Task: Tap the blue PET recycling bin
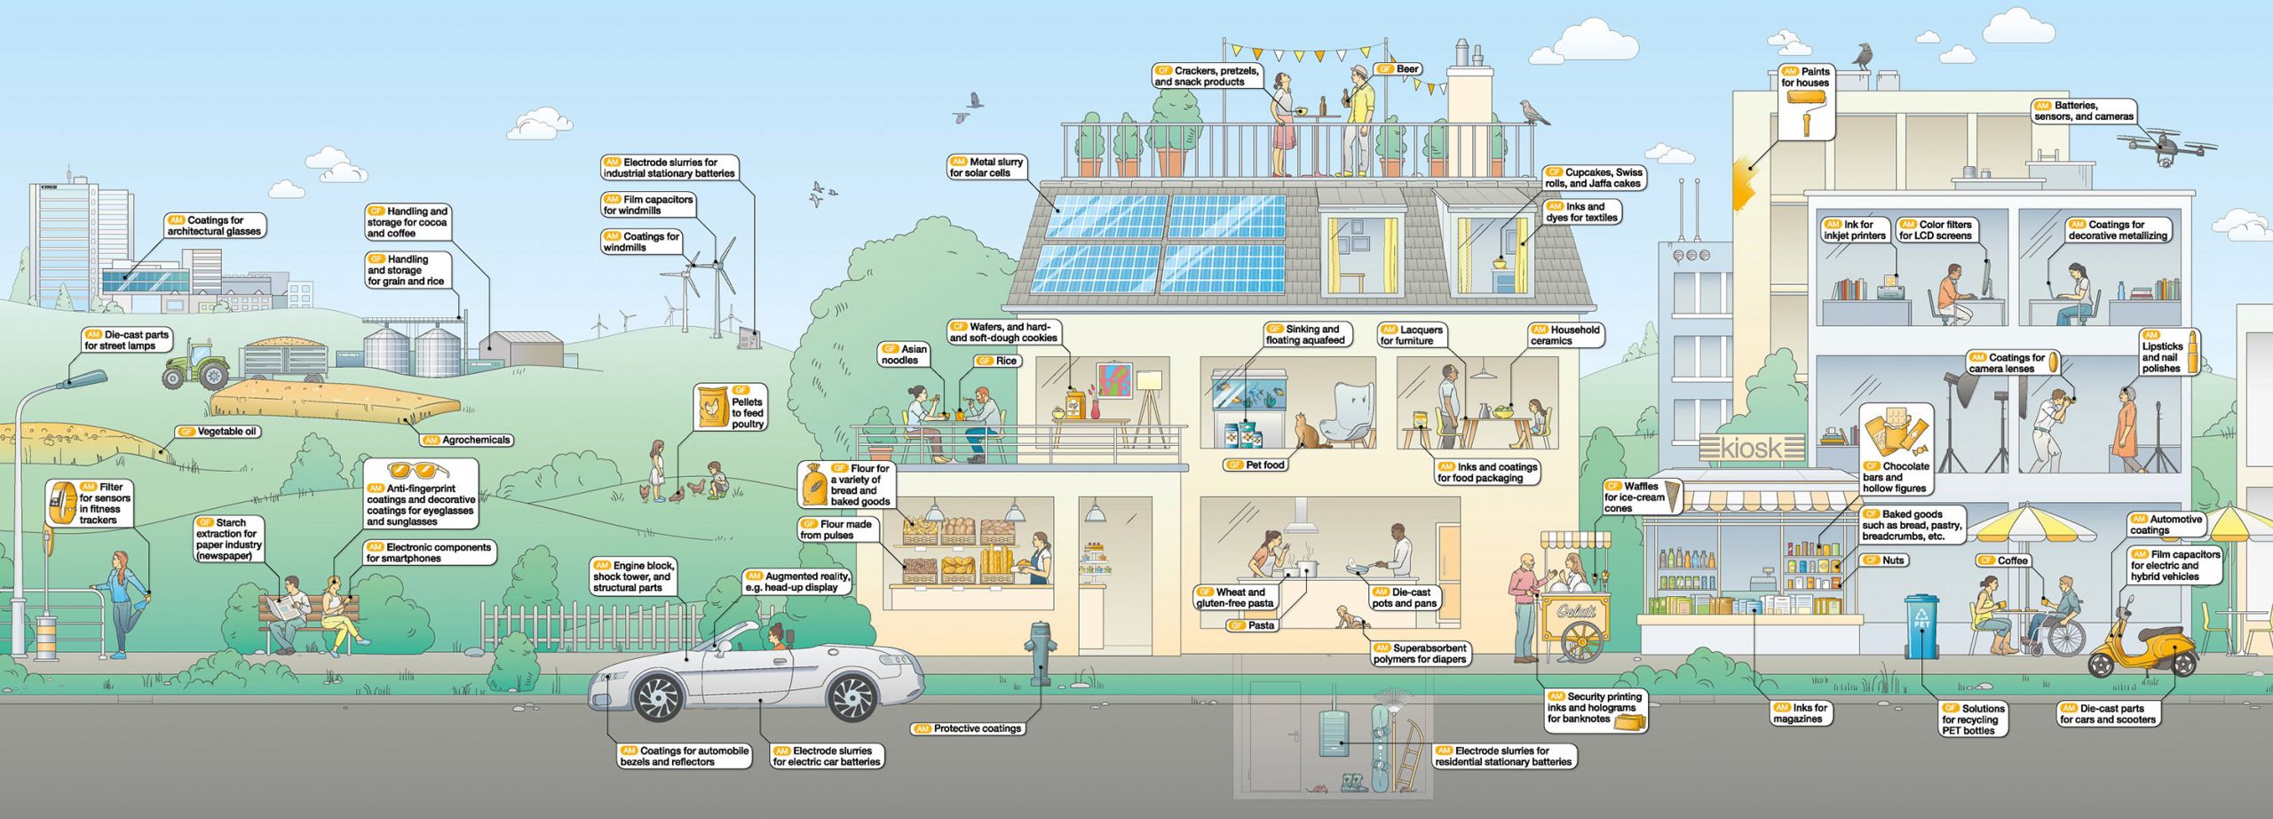pyautogui.click(x=1921, y=626)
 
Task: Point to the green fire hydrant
pyautogui.click(x=1039, y=652)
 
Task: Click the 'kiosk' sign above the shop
pyautogui.click(x=1752, y=449)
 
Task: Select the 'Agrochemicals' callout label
pyautogui.click(x=467, y=441)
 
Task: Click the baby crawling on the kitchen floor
pyautogui.click(x=1352, y=616)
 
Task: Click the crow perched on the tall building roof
pyautogui.click(x=1862, y=57)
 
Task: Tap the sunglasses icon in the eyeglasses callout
pyautogui.click(x=418, y=472)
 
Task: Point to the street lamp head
pyautogui.click(x=83, y=380)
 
